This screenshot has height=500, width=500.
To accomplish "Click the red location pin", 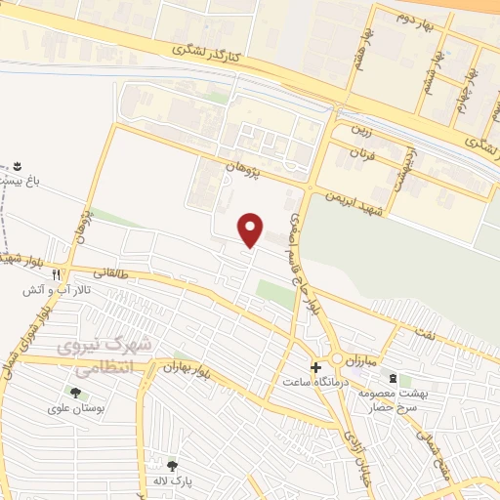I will pyautogui.click(x=252, y=229).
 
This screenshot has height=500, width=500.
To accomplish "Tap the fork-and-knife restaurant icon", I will pyautogui.click(x=57, y=275).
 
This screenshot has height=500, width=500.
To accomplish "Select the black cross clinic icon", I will pyautogui.click(x=314, y=367).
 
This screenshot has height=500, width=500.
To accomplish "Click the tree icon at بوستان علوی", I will pyautogui.click(x=75, y=393).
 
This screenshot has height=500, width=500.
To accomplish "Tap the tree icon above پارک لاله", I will pyautogui.click(x=174, y=466).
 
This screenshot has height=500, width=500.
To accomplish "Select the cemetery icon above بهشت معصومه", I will pyautogui.click(x=393, y=377).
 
